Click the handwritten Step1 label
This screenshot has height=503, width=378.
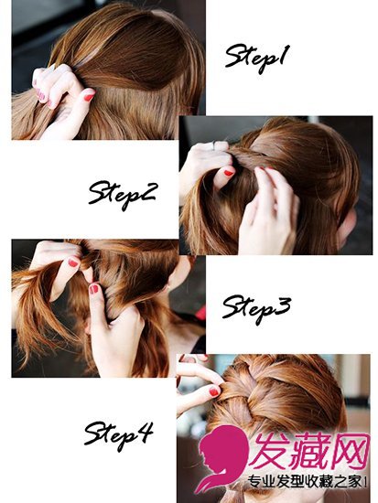(257, 59)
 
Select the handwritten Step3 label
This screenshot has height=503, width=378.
(256, 308)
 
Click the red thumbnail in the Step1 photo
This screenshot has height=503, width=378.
(89, 96)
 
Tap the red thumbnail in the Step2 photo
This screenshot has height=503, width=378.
(228, 173)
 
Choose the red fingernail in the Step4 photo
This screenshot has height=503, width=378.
(213, 391)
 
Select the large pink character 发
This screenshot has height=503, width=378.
(269, 451)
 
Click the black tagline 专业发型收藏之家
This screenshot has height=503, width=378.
(305, 481)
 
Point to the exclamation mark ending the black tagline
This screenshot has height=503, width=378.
(365, 481)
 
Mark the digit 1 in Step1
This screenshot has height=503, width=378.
(284, 55)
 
